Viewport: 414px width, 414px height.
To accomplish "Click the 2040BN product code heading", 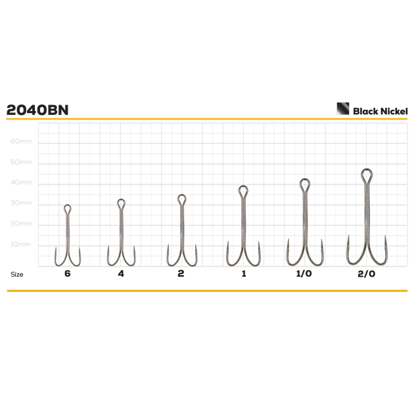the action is [37, 110].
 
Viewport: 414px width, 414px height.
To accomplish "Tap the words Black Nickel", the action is [380, 111].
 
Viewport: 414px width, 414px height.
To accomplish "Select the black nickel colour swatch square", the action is [343, 108].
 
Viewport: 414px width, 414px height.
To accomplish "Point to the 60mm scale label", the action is [21, 141].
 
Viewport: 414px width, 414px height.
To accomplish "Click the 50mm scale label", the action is [21, 162].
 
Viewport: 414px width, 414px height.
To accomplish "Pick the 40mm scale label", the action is [21, 182].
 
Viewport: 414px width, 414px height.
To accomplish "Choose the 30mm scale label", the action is [21, 203].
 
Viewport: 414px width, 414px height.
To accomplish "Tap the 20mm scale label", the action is [21, 223].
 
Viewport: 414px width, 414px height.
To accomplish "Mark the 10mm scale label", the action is [20, 244].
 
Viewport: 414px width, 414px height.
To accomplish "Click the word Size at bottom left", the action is [17, 274].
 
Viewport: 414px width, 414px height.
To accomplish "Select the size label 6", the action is [68, 273].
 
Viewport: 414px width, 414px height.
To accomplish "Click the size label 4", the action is [121, 273].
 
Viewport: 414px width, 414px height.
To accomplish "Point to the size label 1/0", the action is [304, 273].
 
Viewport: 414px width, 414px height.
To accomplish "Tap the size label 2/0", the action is [367, 274].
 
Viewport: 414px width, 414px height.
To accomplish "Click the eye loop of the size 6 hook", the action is [68, 206].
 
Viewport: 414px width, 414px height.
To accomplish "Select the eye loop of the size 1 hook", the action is [243, 187].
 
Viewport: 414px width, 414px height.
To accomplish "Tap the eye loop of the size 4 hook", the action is [121, 200].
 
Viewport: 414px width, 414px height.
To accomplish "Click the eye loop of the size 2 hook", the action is [181, 195].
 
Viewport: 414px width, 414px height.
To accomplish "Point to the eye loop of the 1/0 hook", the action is [305, 179].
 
